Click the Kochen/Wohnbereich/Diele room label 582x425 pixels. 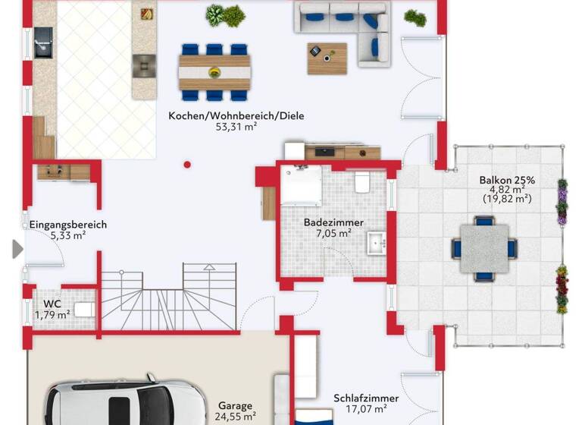[x=231, y=116]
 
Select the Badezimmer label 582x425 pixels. [x=333, y=222]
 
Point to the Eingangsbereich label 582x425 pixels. [x=68, y=225]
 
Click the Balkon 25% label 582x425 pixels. [x=506, y=181]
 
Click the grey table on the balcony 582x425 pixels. [x=484, y=248]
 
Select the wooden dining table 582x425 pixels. [x=215, y=73]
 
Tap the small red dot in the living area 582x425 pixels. [x=187, y=164]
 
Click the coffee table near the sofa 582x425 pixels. [x=327, y=58]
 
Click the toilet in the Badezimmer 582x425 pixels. [x=361, y=183]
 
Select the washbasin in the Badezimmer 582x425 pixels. [x=377, y=244]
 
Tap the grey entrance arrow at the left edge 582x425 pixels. [x=17, y=249]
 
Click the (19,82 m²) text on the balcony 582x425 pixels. [x=506, y=200]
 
